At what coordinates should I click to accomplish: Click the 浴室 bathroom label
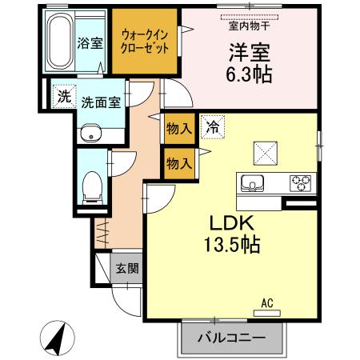(90, 43)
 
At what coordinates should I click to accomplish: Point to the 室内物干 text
(247, 25)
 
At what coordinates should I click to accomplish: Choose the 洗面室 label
(101, 103)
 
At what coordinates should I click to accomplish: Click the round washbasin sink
(90, 134)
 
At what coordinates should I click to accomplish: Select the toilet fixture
(92, 186)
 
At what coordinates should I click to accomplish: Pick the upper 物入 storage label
(178, 126)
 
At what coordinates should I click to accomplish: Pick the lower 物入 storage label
(178, 164)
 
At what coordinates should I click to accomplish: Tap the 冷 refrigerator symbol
(212, 126)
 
